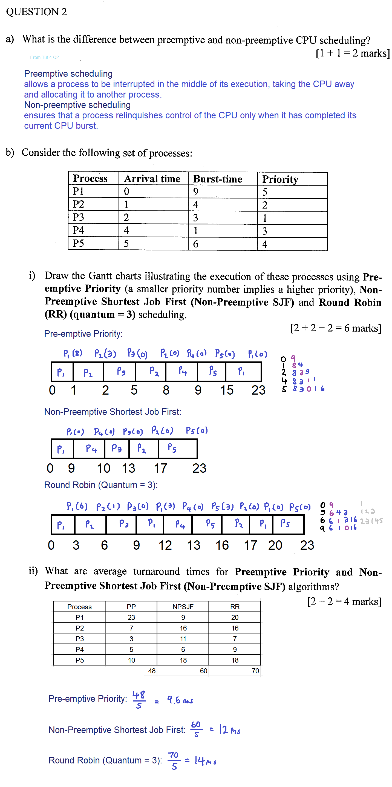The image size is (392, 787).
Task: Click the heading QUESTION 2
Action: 36,12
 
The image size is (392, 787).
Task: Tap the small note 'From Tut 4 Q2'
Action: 44,57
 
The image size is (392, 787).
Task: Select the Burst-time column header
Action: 217,179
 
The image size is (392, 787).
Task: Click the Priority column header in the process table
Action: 280,179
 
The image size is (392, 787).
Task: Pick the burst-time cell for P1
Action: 196,192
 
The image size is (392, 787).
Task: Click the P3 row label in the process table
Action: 78,217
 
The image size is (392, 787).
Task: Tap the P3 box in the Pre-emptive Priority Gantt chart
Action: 121,372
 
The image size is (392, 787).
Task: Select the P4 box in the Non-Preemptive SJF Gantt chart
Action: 91,449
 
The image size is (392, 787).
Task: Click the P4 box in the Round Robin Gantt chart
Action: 180,524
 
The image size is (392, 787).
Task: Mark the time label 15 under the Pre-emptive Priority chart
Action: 227,390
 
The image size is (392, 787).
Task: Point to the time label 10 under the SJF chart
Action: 103,468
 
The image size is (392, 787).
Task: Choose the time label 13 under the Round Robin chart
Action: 194,545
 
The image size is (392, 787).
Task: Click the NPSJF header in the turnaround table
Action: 183,606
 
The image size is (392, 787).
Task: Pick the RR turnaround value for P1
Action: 235,617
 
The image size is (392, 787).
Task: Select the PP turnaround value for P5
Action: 131,660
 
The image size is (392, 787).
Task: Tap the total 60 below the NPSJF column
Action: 203,671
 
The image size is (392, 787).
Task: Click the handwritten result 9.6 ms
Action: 180,700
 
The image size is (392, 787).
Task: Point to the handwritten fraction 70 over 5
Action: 174,760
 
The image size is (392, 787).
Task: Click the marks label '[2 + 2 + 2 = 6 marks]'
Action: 336,328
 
